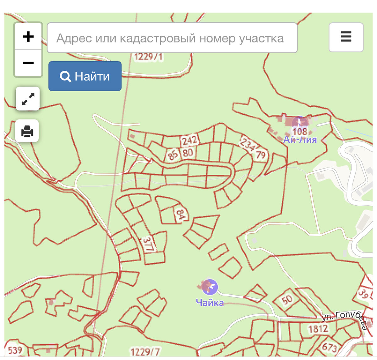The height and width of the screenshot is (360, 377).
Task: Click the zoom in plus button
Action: (28, 36)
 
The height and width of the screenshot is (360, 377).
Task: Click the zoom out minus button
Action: (28, 63)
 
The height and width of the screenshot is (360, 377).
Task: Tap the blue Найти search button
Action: (85, 76)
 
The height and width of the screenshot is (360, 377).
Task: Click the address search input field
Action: (172, 38)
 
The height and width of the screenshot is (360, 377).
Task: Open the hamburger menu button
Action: (346, 37)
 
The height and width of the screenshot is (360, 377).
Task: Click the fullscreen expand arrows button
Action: (28, 99)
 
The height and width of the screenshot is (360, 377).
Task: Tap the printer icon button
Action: (27, 131)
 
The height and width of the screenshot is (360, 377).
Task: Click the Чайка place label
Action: (210, 302)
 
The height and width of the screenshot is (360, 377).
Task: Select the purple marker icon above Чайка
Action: (210, 287)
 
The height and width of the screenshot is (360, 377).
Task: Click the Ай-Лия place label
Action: (300, 139)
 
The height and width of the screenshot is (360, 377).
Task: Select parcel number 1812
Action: (318, 329)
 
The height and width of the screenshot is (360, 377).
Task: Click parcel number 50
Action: (287, 300)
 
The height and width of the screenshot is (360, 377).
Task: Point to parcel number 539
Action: (15, 350)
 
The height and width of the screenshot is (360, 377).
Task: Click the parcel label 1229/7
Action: (145, 352)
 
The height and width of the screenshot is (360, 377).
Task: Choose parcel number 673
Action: (329, 347)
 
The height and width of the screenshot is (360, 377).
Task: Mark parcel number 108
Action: (300, 131)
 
